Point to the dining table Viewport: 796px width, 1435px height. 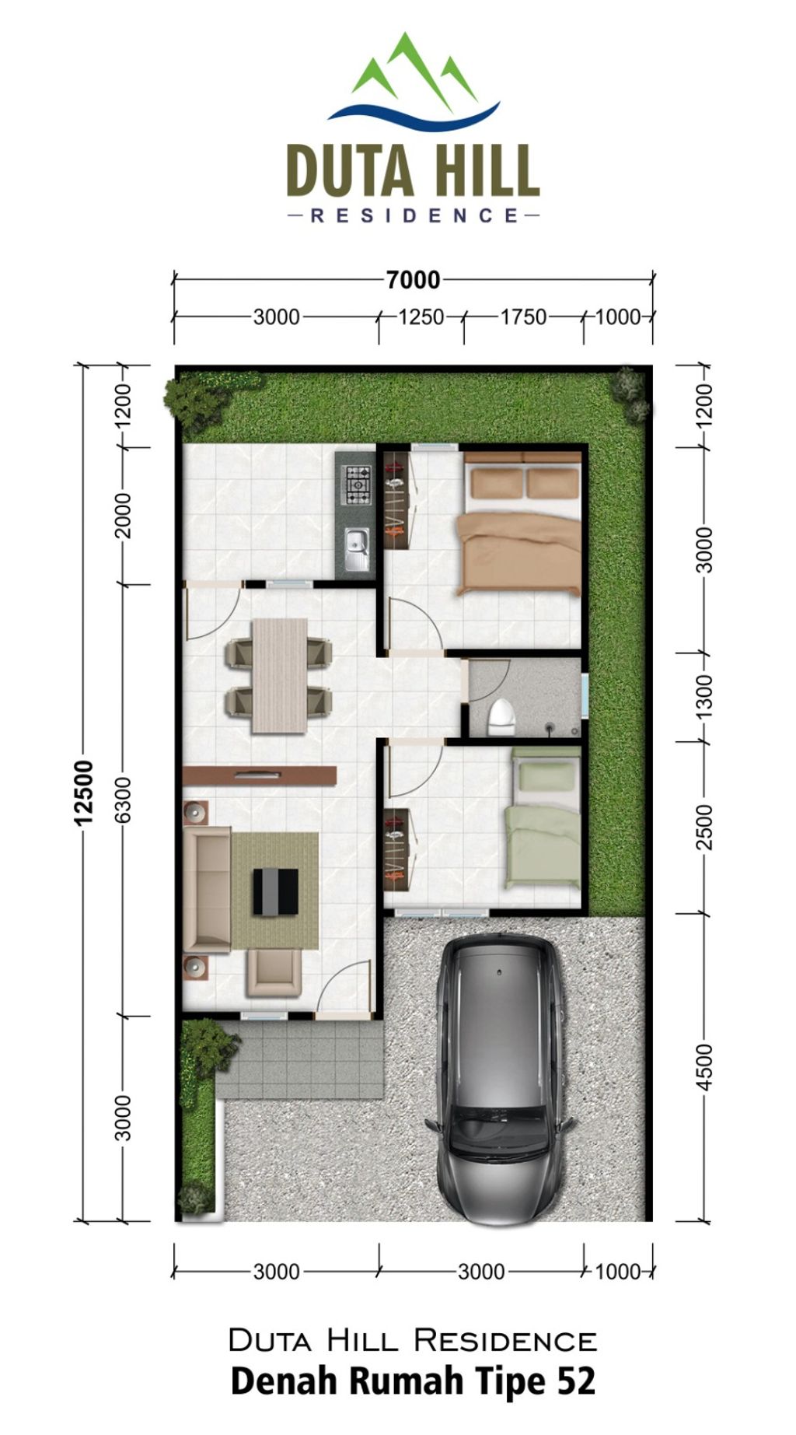click(279, 675)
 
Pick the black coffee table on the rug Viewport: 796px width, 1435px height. click(275, 891)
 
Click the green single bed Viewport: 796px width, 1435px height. click(542, 822)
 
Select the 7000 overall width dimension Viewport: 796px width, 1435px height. click(414, 279)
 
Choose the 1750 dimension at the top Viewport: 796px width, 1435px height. click(523, 317)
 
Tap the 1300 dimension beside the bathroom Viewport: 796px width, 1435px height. click(704, 697)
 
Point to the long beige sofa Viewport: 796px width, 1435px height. click(207, 889)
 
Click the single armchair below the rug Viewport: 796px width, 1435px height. click(274, 973)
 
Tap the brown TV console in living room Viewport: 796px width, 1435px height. click(260, 775)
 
